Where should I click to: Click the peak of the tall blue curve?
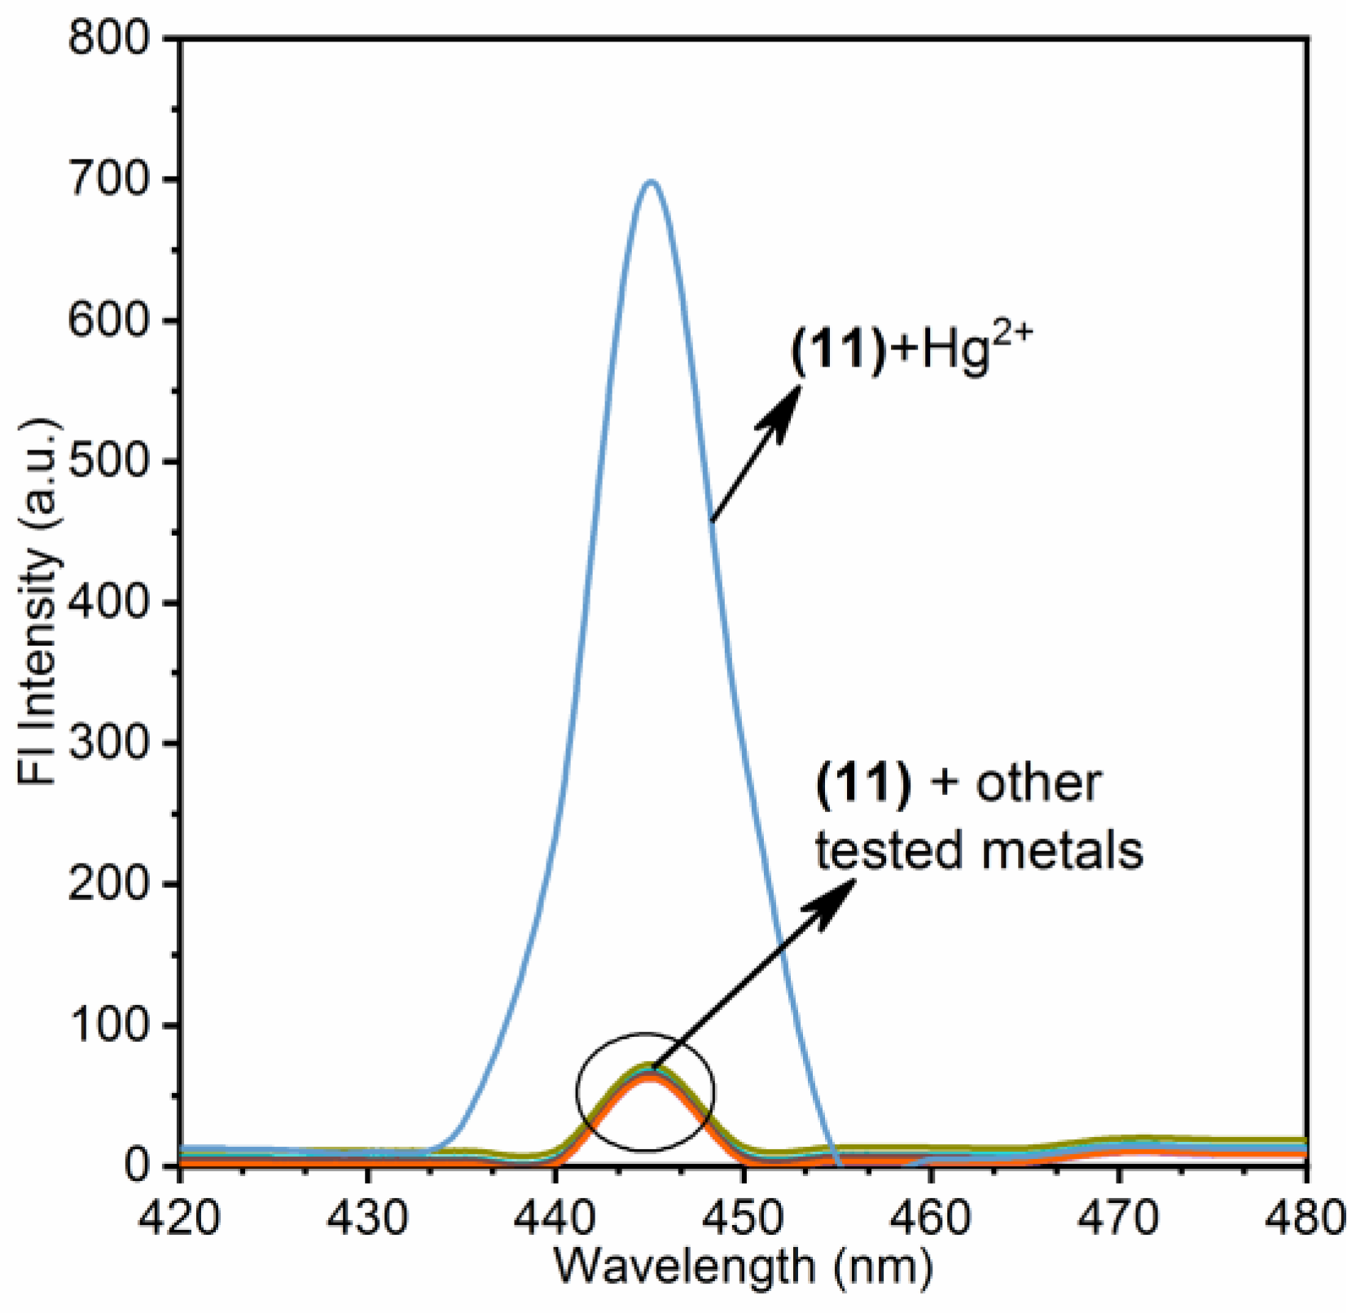(x=650, y=182)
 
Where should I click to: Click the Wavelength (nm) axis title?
(x=743, y=1267)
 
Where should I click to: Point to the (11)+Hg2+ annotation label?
(x=911, y=352)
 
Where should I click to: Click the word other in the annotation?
(x=1038, y=784)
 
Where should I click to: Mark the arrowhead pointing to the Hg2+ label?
(x=783, y=405)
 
